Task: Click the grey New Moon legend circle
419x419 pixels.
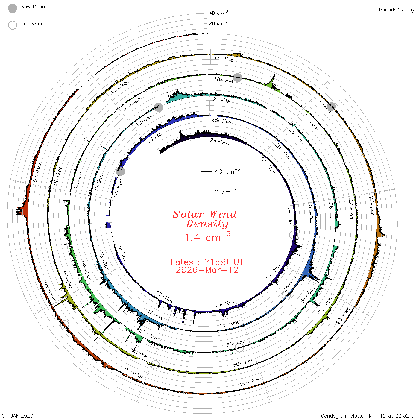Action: (13, 8)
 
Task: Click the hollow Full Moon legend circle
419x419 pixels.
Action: (13, 25)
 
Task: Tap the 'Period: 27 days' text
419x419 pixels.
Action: (398, 10)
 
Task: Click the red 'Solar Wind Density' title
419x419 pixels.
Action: (205, 219)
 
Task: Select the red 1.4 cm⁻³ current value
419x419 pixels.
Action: (207, 236)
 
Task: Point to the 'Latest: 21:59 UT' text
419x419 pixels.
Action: (207, 262)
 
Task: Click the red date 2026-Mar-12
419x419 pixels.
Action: (207, 270)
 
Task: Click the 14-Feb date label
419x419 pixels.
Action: (224, 59)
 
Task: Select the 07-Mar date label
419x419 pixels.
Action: (37, 172)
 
